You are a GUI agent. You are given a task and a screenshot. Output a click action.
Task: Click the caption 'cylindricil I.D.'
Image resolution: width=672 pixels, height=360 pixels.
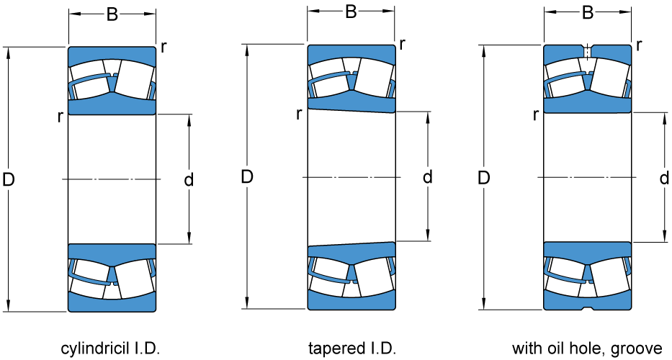coord(109,349)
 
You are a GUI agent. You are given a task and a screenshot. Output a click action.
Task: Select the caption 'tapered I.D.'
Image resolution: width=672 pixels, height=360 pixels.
coord(352,349)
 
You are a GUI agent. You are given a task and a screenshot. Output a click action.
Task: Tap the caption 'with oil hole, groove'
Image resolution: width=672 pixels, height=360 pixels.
coord(587,349)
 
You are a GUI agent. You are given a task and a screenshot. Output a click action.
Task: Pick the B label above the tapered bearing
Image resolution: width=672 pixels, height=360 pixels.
coord(351,12)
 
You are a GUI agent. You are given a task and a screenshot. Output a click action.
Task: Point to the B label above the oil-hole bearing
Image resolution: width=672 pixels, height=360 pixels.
coord(588,13)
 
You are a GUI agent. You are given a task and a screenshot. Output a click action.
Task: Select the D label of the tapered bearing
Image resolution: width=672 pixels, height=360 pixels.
coord(247,177)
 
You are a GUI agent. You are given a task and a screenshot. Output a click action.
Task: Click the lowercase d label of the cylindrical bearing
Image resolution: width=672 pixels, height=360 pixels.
coord(189,180)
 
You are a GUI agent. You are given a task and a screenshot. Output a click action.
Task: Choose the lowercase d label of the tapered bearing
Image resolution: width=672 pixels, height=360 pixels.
coord(427,177)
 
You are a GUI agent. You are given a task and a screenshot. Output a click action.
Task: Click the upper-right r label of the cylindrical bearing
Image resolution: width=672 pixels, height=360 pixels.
coord(164,48)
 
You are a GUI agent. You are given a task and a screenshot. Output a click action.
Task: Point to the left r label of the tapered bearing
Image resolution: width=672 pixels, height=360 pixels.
coord(299,113)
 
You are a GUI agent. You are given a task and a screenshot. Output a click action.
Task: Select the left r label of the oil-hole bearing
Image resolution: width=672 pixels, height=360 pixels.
coord(536,114)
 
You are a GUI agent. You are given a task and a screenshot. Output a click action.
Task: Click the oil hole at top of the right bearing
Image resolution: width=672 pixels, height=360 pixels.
coord(588,52)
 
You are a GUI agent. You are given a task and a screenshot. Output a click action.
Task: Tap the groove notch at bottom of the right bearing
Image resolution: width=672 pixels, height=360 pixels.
coord(588,308)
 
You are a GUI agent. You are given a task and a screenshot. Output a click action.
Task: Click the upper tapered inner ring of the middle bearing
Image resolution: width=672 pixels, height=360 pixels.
coord(351,105)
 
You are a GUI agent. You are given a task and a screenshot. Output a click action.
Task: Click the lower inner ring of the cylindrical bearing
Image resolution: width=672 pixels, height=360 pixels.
coord(112,251)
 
